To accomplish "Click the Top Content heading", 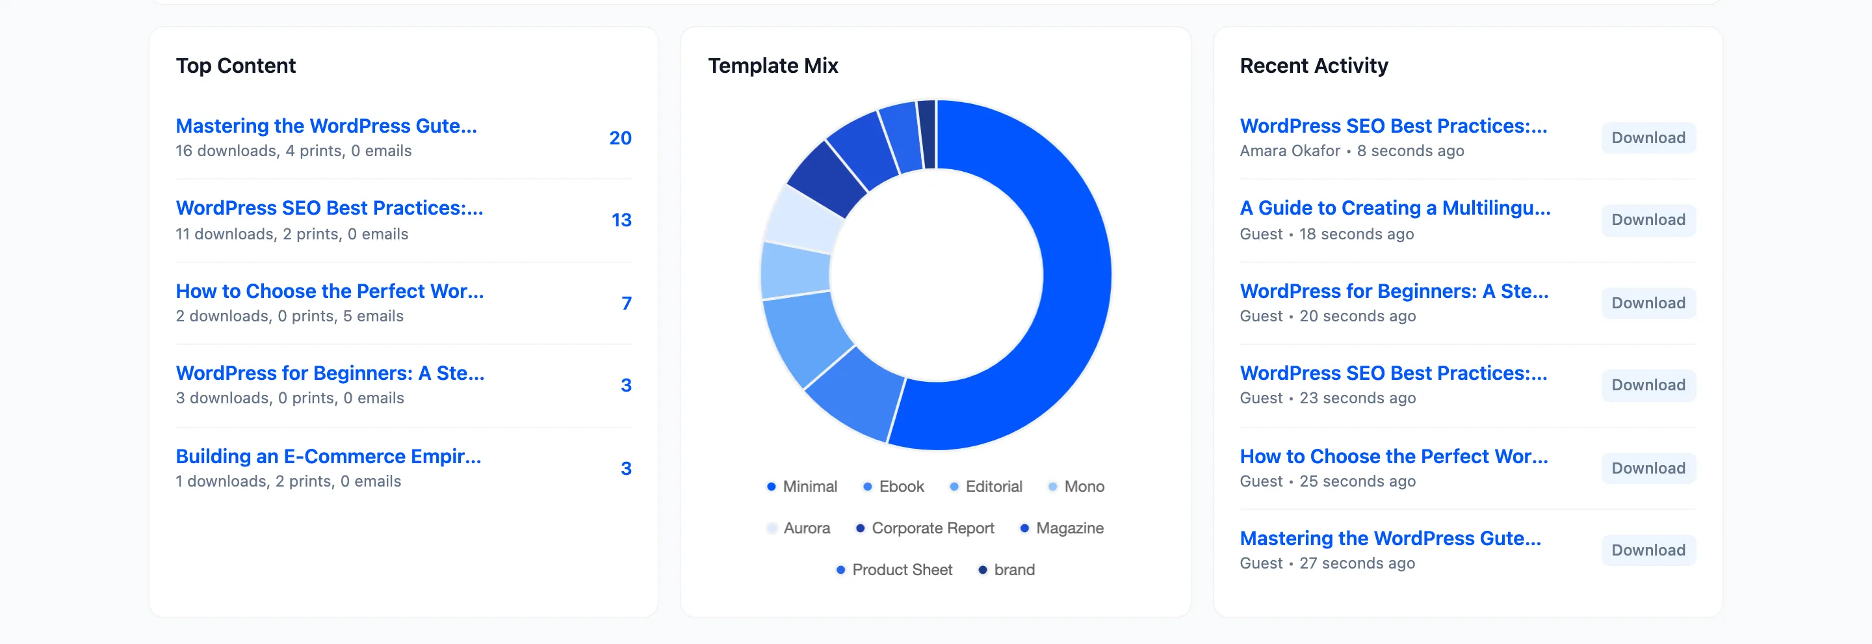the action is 235,66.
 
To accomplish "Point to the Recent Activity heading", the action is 1313,66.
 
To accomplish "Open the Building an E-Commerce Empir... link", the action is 328,456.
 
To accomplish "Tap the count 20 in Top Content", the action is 620,138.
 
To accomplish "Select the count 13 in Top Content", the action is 621,221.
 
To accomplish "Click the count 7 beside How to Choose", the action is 626,303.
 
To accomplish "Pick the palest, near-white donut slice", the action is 801,217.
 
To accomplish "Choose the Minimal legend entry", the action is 801,487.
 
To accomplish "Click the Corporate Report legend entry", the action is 924,528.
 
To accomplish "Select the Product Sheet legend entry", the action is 894,569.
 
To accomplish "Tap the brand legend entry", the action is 1006,569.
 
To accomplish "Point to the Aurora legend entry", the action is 798,528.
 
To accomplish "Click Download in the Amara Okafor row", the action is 1648,138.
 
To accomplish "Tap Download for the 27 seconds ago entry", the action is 1648,550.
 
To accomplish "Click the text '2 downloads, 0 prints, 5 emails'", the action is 289,316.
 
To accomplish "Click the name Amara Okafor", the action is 1290,150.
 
